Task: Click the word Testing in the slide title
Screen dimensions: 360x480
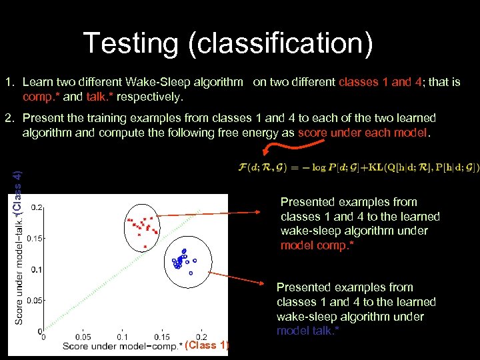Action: pos(131,43)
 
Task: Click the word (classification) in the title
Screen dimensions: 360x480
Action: pos(280,44)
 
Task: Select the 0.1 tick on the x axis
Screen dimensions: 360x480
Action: pos(123,337)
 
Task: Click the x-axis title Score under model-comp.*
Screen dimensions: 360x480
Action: pos(122,346)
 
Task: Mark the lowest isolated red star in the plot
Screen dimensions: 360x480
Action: pos(145,247)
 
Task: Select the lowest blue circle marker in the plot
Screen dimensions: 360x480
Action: pos(191,273)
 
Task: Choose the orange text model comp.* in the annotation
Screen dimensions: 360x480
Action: pos(317,245)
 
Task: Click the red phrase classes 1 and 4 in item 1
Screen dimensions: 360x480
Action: pos(380,82)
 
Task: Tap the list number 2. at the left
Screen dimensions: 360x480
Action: pos(9,118)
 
